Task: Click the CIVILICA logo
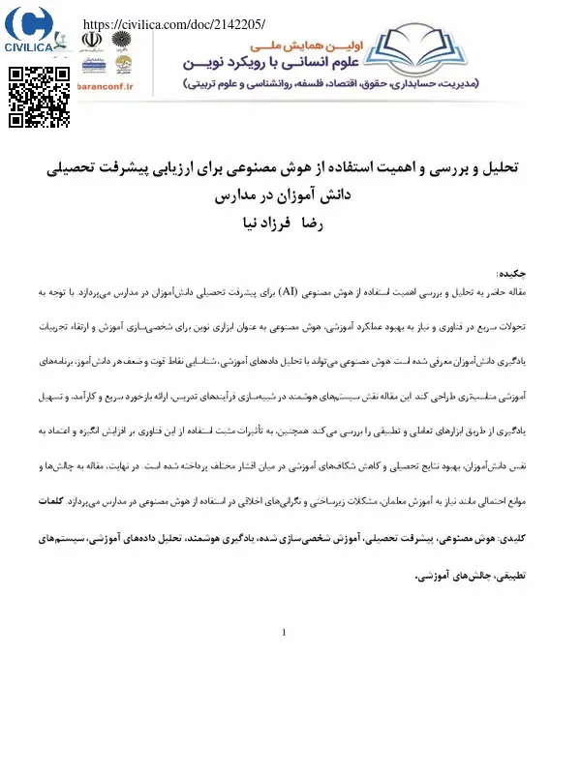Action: tap(28, 29)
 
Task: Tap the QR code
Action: tap(39, 98)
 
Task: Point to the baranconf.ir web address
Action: tap(107, 86)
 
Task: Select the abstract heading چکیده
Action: tap(510, 275)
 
